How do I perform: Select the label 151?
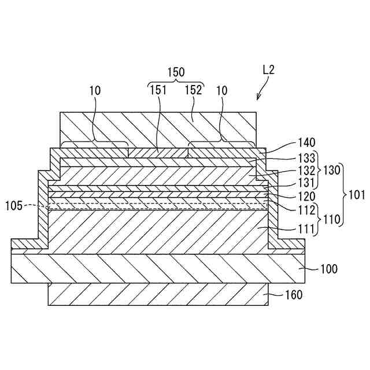(158, 90)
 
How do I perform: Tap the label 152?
(193, 90)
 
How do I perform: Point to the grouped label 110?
(330, 220)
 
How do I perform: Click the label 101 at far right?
(357, 195)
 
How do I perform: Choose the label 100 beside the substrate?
(330, 269)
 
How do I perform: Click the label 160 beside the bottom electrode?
(294, 295)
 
